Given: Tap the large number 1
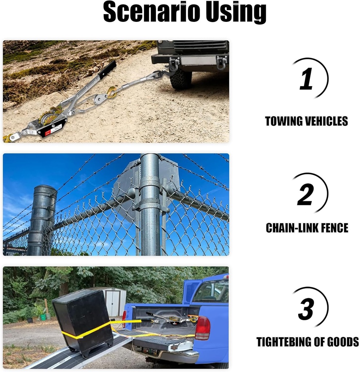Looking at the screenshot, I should click(306, 78).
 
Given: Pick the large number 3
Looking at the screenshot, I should click(306, 308).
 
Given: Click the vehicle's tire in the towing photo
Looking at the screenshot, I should click(181, 80).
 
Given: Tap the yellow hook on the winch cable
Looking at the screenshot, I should click(112, 92).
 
